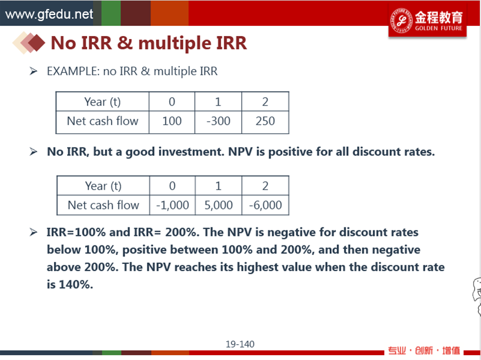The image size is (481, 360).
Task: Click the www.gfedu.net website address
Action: [49, 14]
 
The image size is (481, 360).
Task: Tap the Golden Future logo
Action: [427, 20]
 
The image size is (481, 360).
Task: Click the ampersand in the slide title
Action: [125, 43]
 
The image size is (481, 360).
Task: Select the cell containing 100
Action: [172, 121]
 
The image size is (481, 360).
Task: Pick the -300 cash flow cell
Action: [218, 121]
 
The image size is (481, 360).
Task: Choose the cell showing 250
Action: [265, 121]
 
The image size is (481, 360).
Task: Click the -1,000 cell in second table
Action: [172, 205]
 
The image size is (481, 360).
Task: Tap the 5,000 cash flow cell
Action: [218, 205]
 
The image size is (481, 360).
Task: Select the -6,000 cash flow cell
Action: [265, 205]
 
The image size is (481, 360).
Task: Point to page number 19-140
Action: [240, 344]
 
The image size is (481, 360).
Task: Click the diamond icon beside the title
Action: [29, 43]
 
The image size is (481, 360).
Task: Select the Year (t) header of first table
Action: [103, 101]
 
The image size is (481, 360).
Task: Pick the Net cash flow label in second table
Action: [103, 205]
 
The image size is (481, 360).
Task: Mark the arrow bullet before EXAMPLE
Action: [34, 71]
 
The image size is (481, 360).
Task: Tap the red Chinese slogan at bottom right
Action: [424, 350]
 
